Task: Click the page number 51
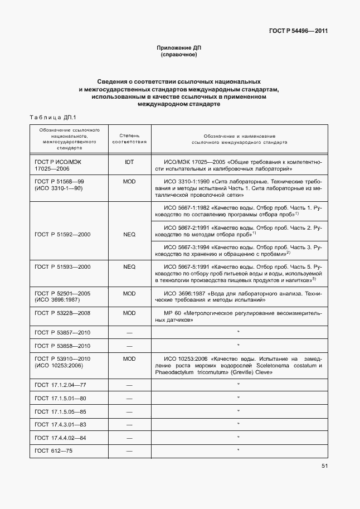pyautogui.click(x=324, y=467)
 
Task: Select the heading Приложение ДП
pyautogui.click(x=178, y=49)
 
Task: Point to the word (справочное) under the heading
pyautogui.click(x=178, y=55)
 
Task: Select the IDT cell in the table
pyautogui.click(x=129, y=161)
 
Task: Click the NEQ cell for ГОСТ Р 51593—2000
pyautogui.click(x=129, y=267)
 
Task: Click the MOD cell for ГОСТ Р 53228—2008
pyautogui.click(x=129, y=313)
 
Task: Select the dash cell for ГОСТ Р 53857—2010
pyautogui.click(x=129, y=333)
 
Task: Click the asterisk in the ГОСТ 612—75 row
pyautogui.click(x=238, y=450)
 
